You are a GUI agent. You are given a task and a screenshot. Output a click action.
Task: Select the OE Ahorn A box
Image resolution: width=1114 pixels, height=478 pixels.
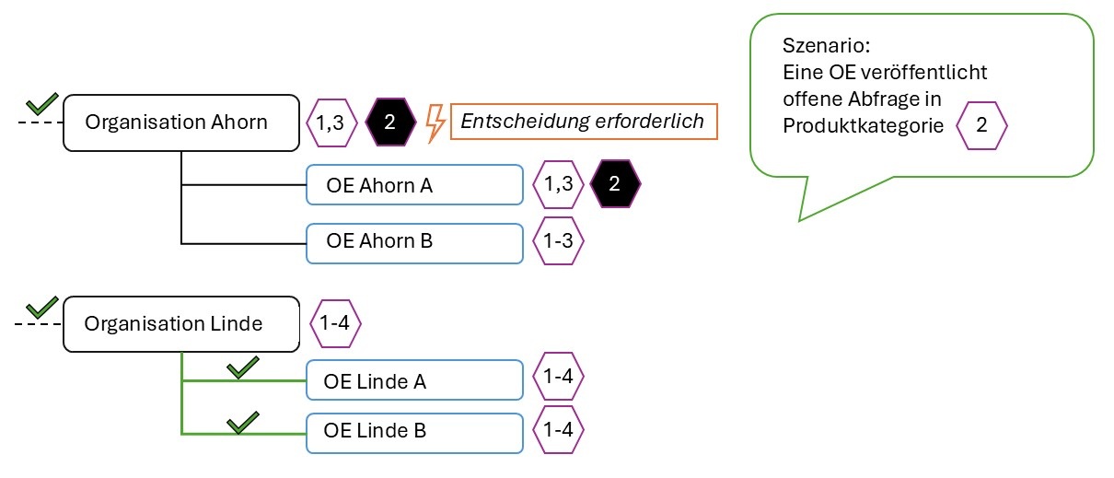click(413, 185)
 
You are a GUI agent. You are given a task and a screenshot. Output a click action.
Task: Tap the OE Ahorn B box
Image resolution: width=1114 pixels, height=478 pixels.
click(413, 242)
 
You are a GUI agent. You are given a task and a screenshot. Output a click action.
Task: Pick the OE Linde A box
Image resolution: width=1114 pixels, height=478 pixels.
click(413, 381)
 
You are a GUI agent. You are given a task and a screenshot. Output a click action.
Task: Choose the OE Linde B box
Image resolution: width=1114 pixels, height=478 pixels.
click(413, 430)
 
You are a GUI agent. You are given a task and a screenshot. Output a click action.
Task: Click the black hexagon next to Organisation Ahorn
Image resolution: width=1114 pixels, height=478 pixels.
click(390, 122)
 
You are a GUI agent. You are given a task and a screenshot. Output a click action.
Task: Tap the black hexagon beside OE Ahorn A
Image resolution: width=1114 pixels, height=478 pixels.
click(615, 184)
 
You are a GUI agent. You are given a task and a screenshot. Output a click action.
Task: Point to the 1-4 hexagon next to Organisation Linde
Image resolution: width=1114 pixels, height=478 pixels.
click(335, 324)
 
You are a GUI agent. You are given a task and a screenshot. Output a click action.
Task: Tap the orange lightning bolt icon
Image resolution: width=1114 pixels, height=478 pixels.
click(435, 122)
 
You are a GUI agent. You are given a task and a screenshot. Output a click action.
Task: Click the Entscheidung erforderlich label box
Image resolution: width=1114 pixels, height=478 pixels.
click(583, 122)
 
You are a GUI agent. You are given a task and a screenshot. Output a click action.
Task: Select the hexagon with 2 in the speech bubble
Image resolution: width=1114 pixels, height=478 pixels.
click(981, 127)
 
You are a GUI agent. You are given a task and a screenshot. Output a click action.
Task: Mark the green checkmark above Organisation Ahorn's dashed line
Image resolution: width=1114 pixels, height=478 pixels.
click(41, 101)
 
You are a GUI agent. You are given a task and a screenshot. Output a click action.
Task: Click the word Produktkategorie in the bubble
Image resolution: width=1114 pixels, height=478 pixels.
click(864, 127)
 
